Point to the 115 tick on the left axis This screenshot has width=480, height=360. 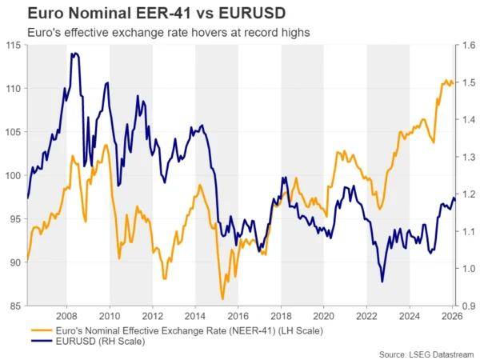point(13,45)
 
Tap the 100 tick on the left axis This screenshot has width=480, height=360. point(13,175)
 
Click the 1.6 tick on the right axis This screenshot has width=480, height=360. point(467,46)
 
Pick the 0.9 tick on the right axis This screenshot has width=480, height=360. point(467,306)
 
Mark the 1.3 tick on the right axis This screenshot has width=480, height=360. point(467,157)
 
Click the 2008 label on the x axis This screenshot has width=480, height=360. point(66,315)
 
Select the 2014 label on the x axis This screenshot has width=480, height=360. point(195,315)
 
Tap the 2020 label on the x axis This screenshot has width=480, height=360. point(324,315)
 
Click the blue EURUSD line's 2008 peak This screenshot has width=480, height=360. point(74,54)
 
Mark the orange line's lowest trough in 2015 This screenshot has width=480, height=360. point(222,298)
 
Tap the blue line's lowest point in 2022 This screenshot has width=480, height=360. point(382,282)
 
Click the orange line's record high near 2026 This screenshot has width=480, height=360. point(446,80)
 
